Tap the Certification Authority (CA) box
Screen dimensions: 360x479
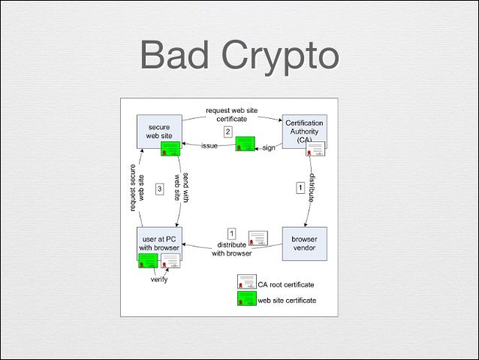pyautogui.click(x=303, y=131)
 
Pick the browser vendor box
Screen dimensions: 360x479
pyautogui.click(x=303, y=243)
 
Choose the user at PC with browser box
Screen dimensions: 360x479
pyautogui.click(x=158, y=242)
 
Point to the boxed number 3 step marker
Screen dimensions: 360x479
pyautogui.click(x=159, y=189)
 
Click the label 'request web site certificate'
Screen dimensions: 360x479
pyautogui.click(x=231, y=114)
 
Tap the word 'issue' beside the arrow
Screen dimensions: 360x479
pyautogui.click(x=209, y=147)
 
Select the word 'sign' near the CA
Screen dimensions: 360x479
pyautogui.click(x=269, y=148)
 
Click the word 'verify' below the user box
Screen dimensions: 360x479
pyautogui.click(x=159, y=280)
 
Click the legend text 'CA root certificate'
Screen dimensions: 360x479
pyautogui.click(x=286, y=284)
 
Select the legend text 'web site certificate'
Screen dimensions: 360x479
pyautogui.click(x=287, y=300)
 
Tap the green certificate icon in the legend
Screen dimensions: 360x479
pyautogui.click(x=246, y=299)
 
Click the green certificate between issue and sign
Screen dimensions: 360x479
pyautogui.click(x=245, y=144)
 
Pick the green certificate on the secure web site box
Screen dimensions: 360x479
pyautogui.click(x=170, y=147)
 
